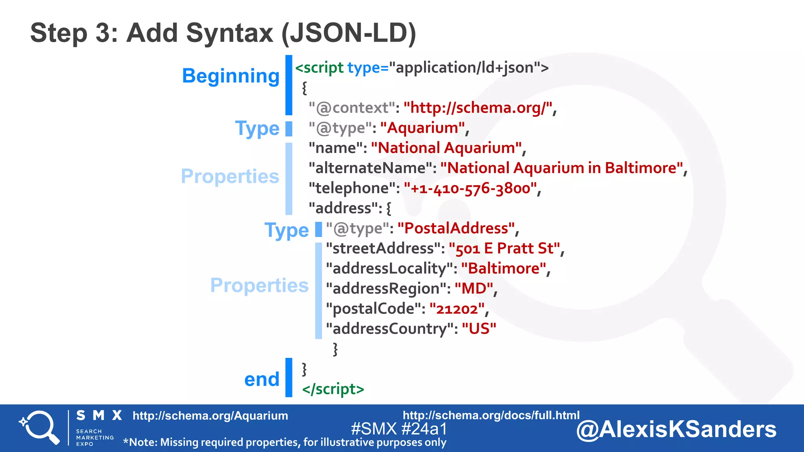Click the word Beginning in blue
click(230, 76)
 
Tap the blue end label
click(261, 379)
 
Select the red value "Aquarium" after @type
click(422, 128)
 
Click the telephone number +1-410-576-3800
click(470, 188)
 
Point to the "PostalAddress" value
click(456, 228)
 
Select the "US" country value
click(479, 329)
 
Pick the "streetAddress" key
click(383, 249)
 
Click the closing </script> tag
click(333, 389)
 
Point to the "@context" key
click(351, 108)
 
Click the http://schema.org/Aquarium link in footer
click(210, 416)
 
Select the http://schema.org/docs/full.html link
click(491, 415)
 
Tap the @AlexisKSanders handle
click(676, 429)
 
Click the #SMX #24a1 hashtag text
click(399, 429)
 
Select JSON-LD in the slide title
click(349, 33)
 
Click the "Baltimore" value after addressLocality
click(504, 269)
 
